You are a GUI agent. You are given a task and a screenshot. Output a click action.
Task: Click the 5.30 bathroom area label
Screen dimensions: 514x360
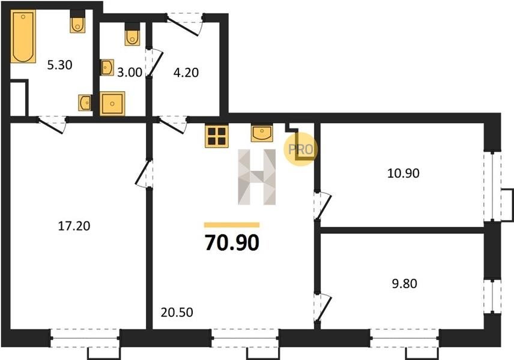[x=59, y=65]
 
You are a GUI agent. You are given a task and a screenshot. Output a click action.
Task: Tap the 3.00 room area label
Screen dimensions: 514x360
[x=130, y=73]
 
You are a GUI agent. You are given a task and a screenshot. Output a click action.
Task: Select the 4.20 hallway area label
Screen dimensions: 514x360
[x=186, y=73]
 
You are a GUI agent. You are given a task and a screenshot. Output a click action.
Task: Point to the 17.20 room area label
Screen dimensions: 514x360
[x=74, y=226]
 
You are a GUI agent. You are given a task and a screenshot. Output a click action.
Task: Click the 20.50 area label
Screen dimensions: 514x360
[x=177, y=312]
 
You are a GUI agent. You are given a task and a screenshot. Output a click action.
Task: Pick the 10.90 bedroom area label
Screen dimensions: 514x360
[x=403, y=173]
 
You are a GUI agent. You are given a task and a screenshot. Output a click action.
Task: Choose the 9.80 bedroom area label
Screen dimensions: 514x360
[x=405, y=283]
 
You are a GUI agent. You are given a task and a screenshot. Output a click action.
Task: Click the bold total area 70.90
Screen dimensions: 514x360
[x=232, y=242]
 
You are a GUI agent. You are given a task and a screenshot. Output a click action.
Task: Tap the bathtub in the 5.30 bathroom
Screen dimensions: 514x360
[x=23, y=36]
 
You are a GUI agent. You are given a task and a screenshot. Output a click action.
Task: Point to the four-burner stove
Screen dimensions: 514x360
[x=217, y=136]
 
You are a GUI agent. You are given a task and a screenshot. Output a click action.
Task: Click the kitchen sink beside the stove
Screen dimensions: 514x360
[x=262, y=133]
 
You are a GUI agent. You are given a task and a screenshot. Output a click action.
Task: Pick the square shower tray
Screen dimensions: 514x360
[x=112, y=104]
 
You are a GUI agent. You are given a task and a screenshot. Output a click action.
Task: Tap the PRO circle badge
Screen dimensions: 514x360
[x=301, y=149]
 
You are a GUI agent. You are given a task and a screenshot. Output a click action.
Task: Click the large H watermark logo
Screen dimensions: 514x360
[x=256, y=177]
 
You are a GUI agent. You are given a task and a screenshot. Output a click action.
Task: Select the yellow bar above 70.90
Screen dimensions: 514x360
[x=232, y=225]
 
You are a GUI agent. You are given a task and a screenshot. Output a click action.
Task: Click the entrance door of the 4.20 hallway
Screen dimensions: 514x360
[x=184, y=23]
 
